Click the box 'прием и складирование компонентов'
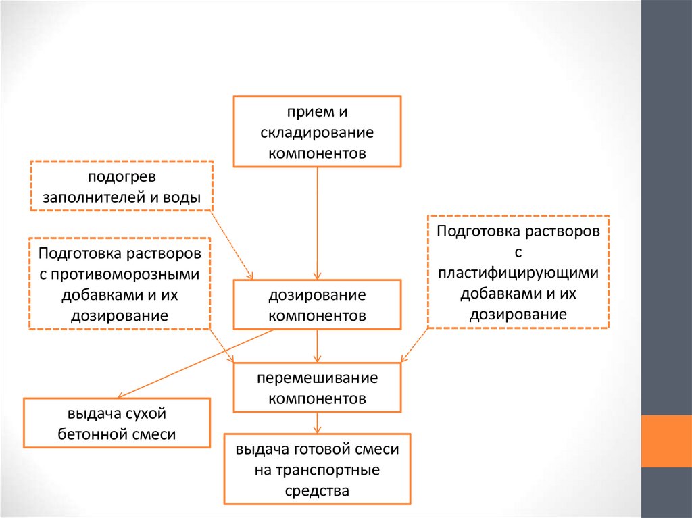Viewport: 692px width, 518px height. [317, 131]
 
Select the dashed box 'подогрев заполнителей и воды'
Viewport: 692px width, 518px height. [122, 186]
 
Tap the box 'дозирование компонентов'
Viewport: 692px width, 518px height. [317, 305]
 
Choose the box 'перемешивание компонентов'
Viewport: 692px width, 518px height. [317, 387]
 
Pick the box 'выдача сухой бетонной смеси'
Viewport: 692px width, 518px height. [117, 423]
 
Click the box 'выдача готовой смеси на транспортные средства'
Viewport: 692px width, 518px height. [317, 469]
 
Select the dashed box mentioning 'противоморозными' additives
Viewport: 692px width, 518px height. [120, 284]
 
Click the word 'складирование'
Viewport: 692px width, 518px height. [317, 132]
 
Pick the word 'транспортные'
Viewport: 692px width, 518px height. [317, 469]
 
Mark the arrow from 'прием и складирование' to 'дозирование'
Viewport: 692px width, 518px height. [317, 223]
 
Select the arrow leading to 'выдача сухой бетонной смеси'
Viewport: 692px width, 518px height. [196, 363]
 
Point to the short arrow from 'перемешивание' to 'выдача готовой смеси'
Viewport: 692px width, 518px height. [317, 423]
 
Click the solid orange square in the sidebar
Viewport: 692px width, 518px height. [666, 440]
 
